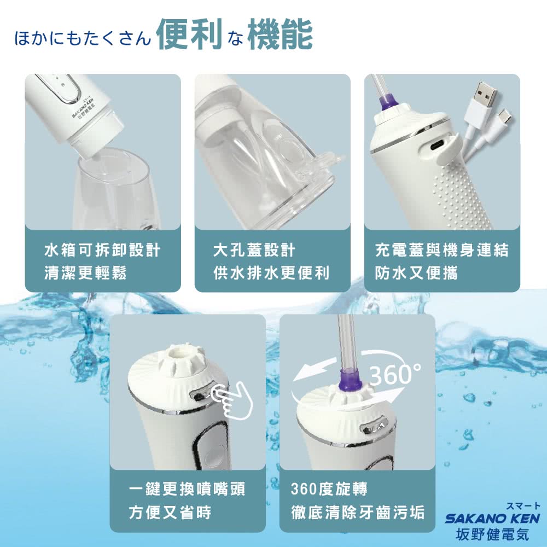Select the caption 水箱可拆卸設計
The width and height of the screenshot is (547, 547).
102,251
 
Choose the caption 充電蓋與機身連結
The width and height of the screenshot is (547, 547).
441,251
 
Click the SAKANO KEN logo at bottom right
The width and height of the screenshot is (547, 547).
492,517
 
